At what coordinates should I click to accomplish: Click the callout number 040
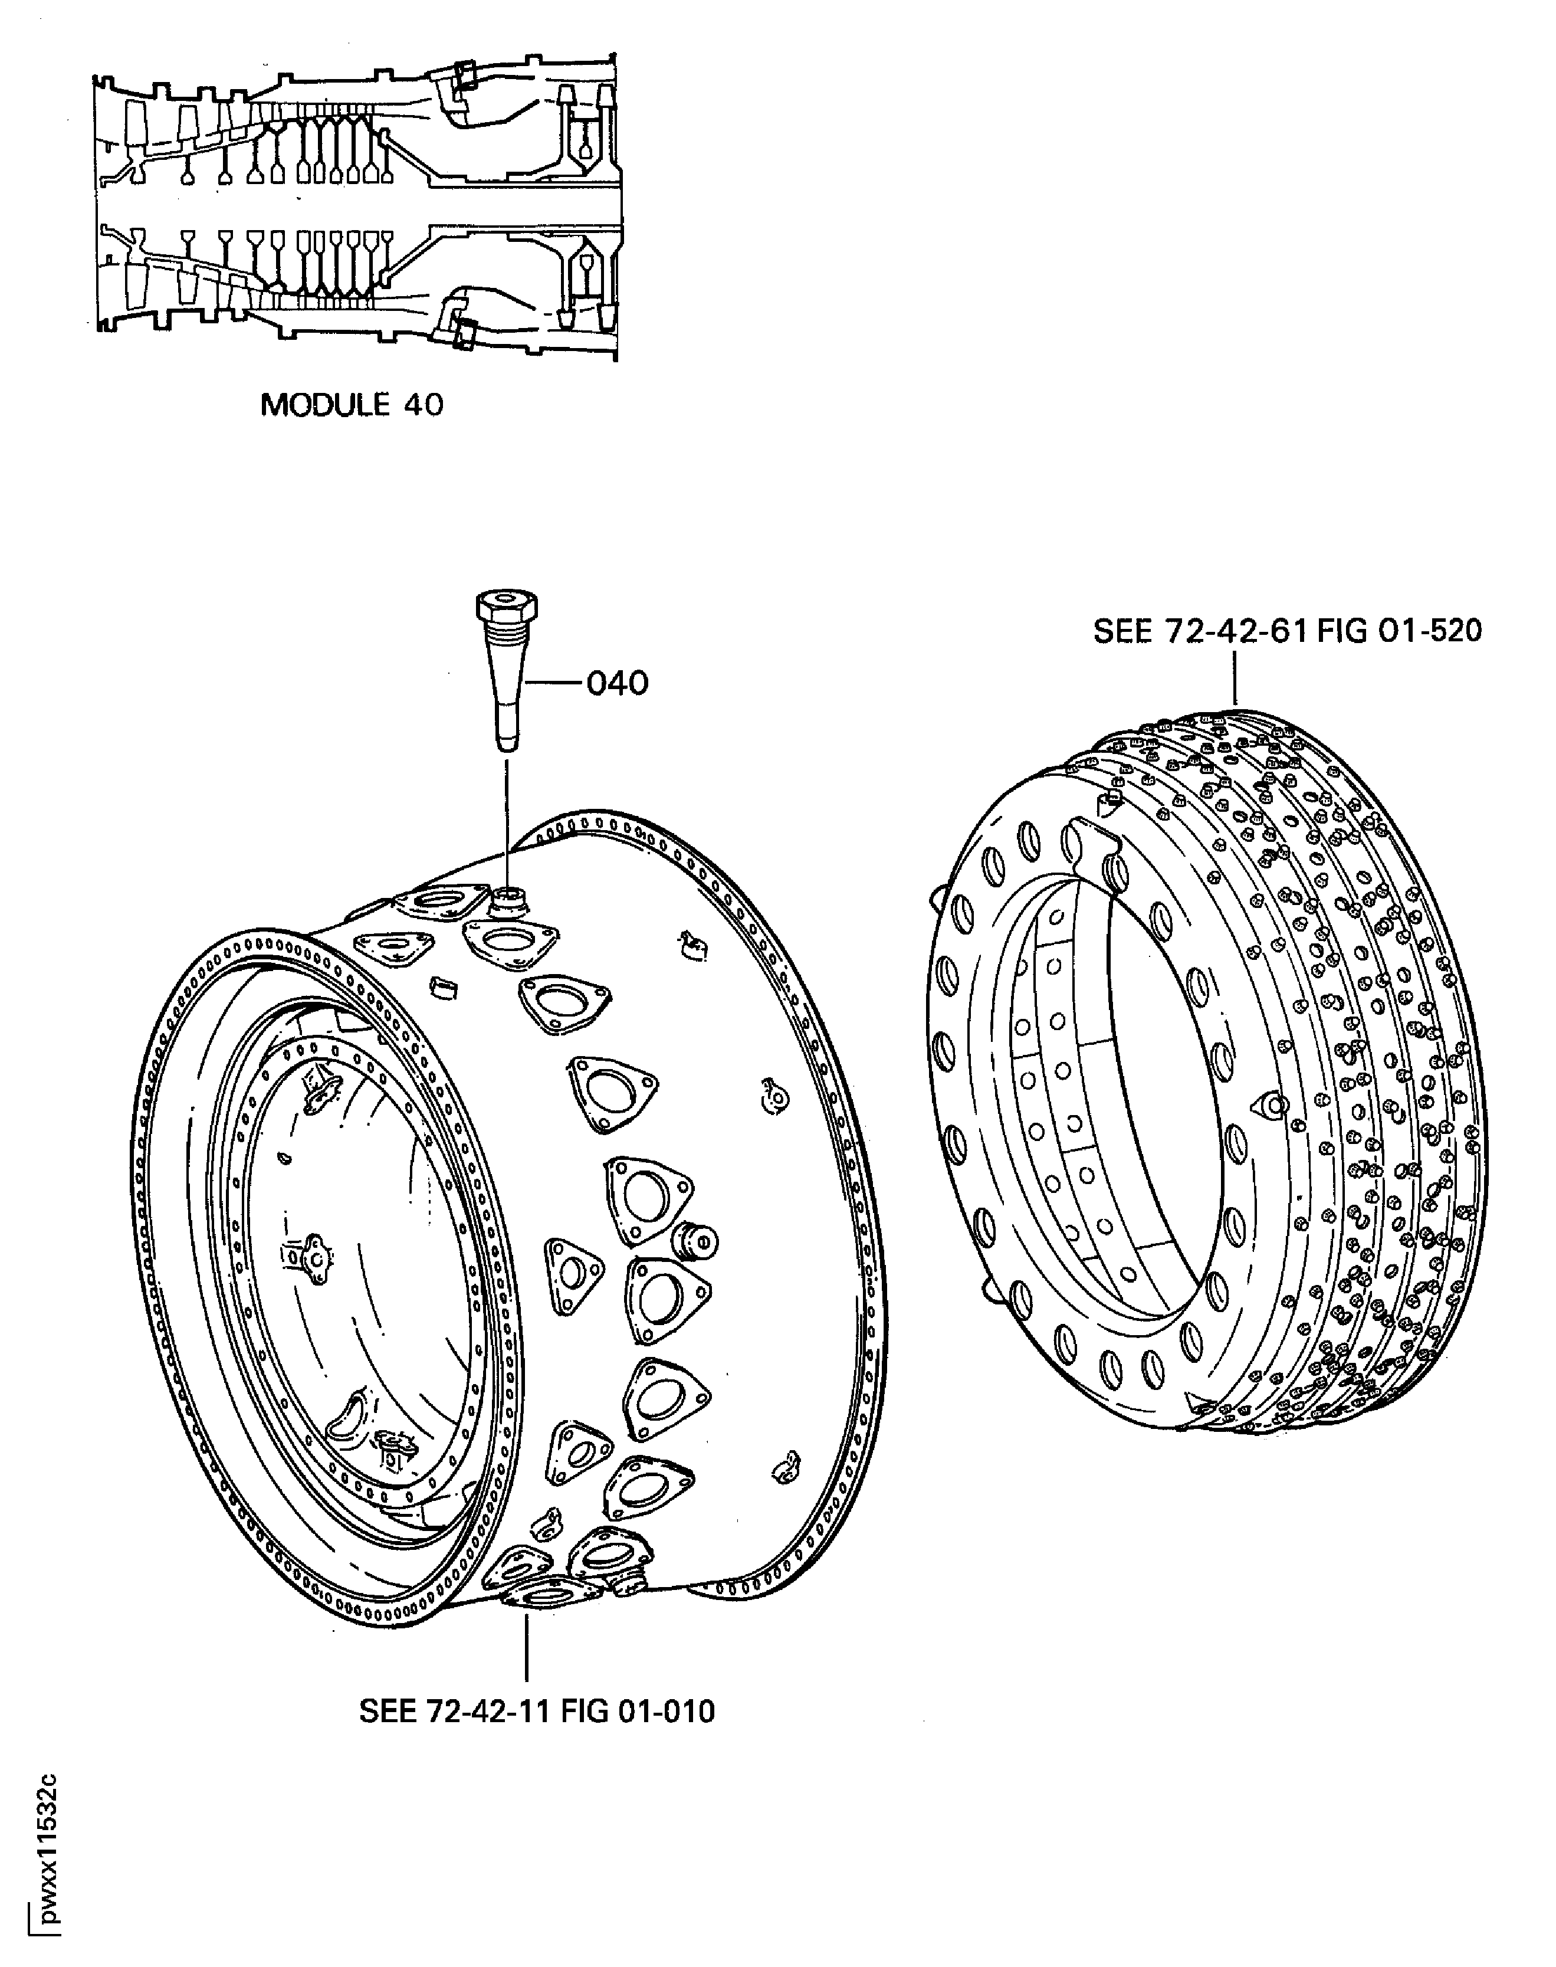click(617, 683)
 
